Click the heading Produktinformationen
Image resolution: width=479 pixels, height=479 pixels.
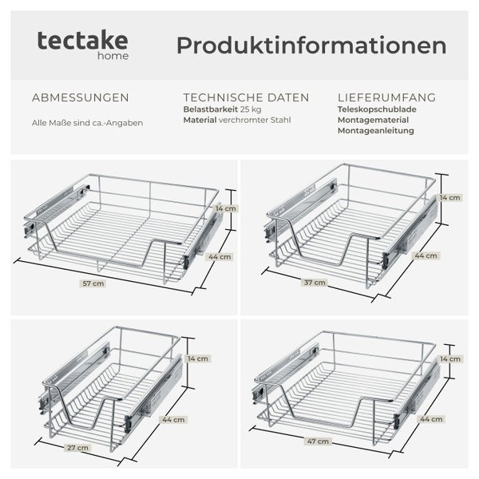(x=311, y=46)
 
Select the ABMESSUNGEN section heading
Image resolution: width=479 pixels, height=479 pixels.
(x=80, y=97)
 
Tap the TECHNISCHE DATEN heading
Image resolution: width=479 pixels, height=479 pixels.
(x=246, y=97)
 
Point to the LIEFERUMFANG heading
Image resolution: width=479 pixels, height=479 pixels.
(x=386, y=97)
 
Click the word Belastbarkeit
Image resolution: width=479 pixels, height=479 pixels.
(x=211, y=109)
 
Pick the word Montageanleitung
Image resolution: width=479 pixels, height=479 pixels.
(x=376, y=130)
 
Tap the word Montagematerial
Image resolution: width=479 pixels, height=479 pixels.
(x=374, y=120)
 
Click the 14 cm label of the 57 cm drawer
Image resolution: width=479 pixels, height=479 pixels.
(x=226, y=208)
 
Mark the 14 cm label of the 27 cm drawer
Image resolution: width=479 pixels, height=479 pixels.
(x=198, y=359)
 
